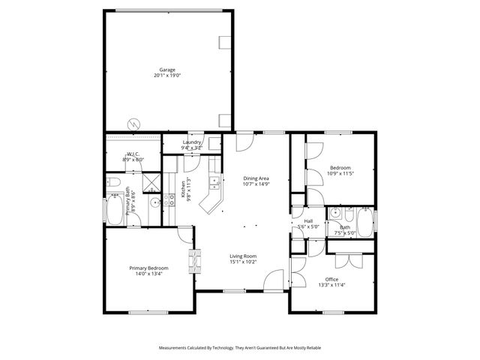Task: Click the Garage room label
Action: (166, 70)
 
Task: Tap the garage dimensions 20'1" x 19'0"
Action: (166, 76)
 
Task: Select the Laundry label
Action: (191, 142)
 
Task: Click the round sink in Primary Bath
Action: (154, 202)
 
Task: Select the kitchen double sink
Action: (214, 181)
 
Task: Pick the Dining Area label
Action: (256, 178)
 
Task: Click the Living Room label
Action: (243, 256)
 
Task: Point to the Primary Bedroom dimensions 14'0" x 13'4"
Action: (148, 274)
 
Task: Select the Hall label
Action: (308, 220)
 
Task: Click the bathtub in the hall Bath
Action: (364, 221)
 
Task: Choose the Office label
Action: (331, 279)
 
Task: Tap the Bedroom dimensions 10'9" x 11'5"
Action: (340, 173)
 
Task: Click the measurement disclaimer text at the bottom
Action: (240, 348)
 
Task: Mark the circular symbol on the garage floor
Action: (133, 123)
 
